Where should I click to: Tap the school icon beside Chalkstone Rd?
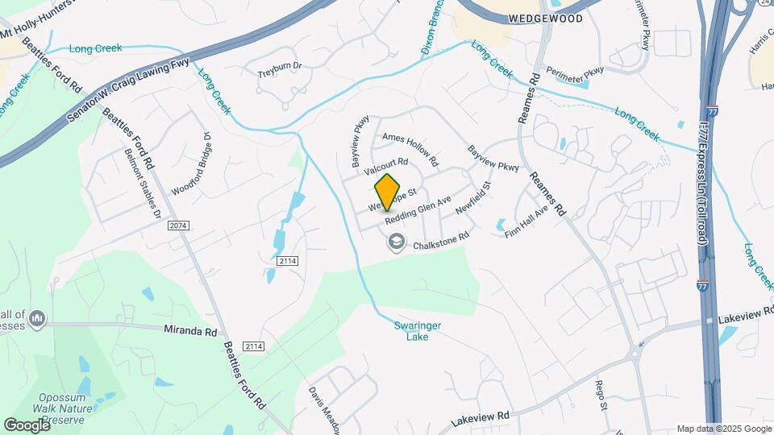point(396,241)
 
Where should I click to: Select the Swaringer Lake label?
point(418,331)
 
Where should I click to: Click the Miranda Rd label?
point(191,331)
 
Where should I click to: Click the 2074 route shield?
point(178,226)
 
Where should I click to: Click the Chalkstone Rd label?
point(441,241)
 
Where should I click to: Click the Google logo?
point(26,425)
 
